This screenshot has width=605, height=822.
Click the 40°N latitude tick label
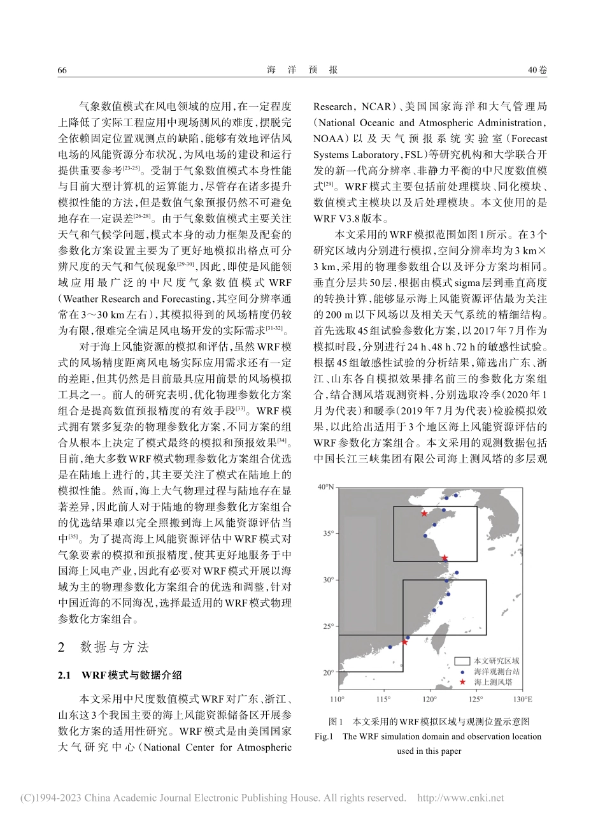point(325,487)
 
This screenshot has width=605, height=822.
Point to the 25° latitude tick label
point(327,626)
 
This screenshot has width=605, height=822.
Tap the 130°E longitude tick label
point(523,700)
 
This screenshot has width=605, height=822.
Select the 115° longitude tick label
point(383,700)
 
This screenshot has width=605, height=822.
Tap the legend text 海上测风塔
point(493,682)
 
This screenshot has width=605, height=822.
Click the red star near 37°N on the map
point(424,514)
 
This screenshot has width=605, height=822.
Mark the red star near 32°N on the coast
point(445,558)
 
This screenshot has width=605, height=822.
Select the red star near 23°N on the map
point(404,642)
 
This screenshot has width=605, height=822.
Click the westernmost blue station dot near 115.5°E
point(390,647)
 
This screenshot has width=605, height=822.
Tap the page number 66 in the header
point(62,70)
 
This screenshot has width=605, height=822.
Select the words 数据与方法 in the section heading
point(115,647)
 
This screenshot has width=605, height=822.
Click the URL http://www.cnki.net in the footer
point(460,798)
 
